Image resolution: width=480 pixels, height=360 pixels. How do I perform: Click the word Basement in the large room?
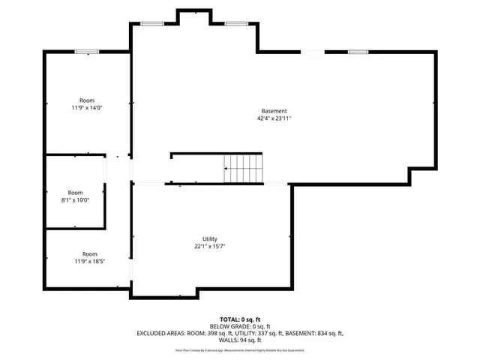coord(274,111)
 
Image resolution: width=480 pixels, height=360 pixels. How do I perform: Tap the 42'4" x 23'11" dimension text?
coord(274,118)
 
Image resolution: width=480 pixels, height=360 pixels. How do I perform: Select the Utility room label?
coord(209,239)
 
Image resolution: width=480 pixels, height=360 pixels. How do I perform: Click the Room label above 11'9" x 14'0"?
coord(88,100)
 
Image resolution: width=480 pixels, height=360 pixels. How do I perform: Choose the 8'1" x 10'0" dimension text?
coord(75,200)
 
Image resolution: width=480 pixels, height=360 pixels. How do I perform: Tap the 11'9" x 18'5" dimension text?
coord(89,262)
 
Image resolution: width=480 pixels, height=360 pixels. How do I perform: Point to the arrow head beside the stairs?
coord(226,169)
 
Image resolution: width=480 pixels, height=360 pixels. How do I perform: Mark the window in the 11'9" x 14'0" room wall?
coord(86,52)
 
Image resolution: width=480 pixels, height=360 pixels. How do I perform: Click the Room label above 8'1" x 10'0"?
coord(75,193)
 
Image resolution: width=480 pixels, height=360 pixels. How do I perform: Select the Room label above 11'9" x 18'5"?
coord(89,254)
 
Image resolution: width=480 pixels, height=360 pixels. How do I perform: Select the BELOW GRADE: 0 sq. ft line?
coord(240,327)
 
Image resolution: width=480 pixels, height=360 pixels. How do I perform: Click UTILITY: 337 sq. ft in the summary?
coord(251,334)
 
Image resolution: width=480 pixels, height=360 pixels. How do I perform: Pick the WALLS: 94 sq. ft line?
coord(240,340)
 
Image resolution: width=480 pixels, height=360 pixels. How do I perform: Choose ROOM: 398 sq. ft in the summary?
coord(203,334)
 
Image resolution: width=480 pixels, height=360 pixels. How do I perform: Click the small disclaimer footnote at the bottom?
coord(240,349)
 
